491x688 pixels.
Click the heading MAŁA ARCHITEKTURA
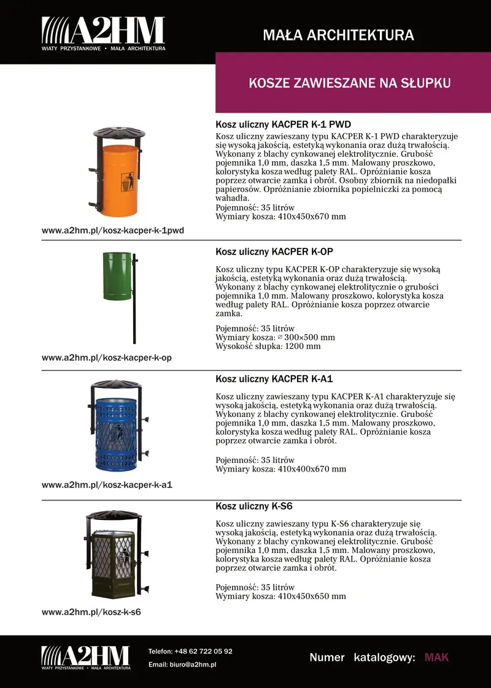[x=338, y=35]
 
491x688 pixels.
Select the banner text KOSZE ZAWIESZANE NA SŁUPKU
[x=350, y=83]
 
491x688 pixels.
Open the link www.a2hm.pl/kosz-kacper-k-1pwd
[x=113, y=231]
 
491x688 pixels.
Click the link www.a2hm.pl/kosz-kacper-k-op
[x=106, y=357]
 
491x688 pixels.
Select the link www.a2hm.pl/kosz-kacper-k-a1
[x=107, y=485]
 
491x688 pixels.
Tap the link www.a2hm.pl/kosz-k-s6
[x=91, y=612]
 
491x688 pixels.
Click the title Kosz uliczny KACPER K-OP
[x=274, y=252]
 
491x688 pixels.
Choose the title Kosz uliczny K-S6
[x=253, y=506]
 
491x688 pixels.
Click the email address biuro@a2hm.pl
[x=193, y=665]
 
